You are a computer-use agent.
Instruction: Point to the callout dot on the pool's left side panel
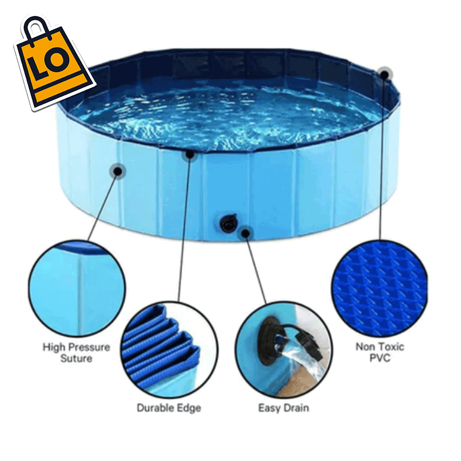point(118,171)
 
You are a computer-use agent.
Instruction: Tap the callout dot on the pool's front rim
point(189,154)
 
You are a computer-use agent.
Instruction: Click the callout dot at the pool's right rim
point(385,74)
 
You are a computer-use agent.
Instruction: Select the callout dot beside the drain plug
point(245,233)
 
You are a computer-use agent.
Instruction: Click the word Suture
point(76,359)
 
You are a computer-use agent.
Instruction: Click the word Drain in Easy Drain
point(295,408)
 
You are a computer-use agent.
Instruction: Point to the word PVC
point(380,358)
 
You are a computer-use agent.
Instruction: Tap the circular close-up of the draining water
point(283,350)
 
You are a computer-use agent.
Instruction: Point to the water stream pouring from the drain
point(308,363)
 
